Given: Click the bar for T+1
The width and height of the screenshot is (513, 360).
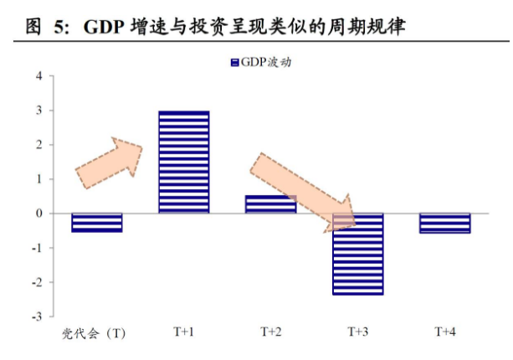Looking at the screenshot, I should pyautogui.click(x=183, y=162).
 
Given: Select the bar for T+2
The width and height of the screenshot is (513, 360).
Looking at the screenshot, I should pyautogui.click(x=270, y=204).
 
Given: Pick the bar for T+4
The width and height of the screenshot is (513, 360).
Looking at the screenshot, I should pyautogui.click(x=444, y=223).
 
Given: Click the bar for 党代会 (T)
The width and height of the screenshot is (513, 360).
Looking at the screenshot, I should pyautogui.click(x=97, y=222).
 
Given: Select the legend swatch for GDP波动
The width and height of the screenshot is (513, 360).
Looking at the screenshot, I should pyautogui.click(x=234, y=62).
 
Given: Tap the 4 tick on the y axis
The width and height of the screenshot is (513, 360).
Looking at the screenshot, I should pyautogui.click(x=38, y=76).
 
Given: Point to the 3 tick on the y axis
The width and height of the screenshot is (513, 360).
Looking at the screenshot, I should pyautogui.click(x=38, y=111).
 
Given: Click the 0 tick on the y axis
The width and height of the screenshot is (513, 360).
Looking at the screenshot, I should pyautogui.click(x=38, y=213).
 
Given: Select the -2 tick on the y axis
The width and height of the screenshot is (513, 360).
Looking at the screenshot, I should pyautogui.click(x=37, y=282).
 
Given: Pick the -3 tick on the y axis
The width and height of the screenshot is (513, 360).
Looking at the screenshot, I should pyautogui.click(x=37, y=316).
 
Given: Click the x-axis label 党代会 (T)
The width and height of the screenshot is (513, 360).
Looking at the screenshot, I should pyautogui.click(x=94, y=333).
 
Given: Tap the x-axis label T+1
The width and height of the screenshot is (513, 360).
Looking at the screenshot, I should pyautogui.click(x=183, y=332).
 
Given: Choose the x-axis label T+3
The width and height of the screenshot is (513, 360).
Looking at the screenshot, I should pyautogui.click(x=357, y=332).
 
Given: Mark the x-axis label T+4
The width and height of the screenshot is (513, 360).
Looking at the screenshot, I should pyautogui.click(x=444, y=332).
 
